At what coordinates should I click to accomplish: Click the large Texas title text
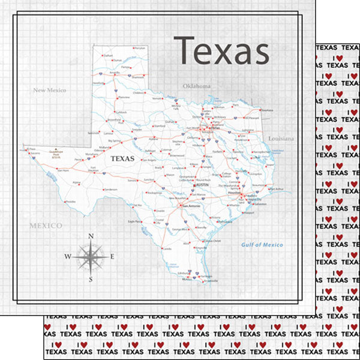221,51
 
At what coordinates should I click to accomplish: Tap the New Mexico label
49,90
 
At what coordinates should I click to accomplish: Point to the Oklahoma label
197,86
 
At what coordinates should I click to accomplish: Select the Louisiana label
281,139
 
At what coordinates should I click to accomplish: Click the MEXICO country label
46,226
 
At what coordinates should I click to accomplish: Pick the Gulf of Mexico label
262,245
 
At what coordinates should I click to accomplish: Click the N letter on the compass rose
91,236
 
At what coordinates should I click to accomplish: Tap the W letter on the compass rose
68,257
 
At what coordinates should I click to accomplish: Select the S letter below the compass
91,279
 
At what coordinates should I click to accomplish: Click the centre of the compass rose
91,257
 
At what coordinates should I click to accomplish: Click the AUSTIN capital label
202,186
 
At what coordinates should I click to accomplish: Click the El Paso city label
32,149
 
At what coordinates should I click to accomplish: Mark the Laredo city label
167,248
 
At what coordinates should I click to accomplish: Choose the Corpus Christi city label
213,240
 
